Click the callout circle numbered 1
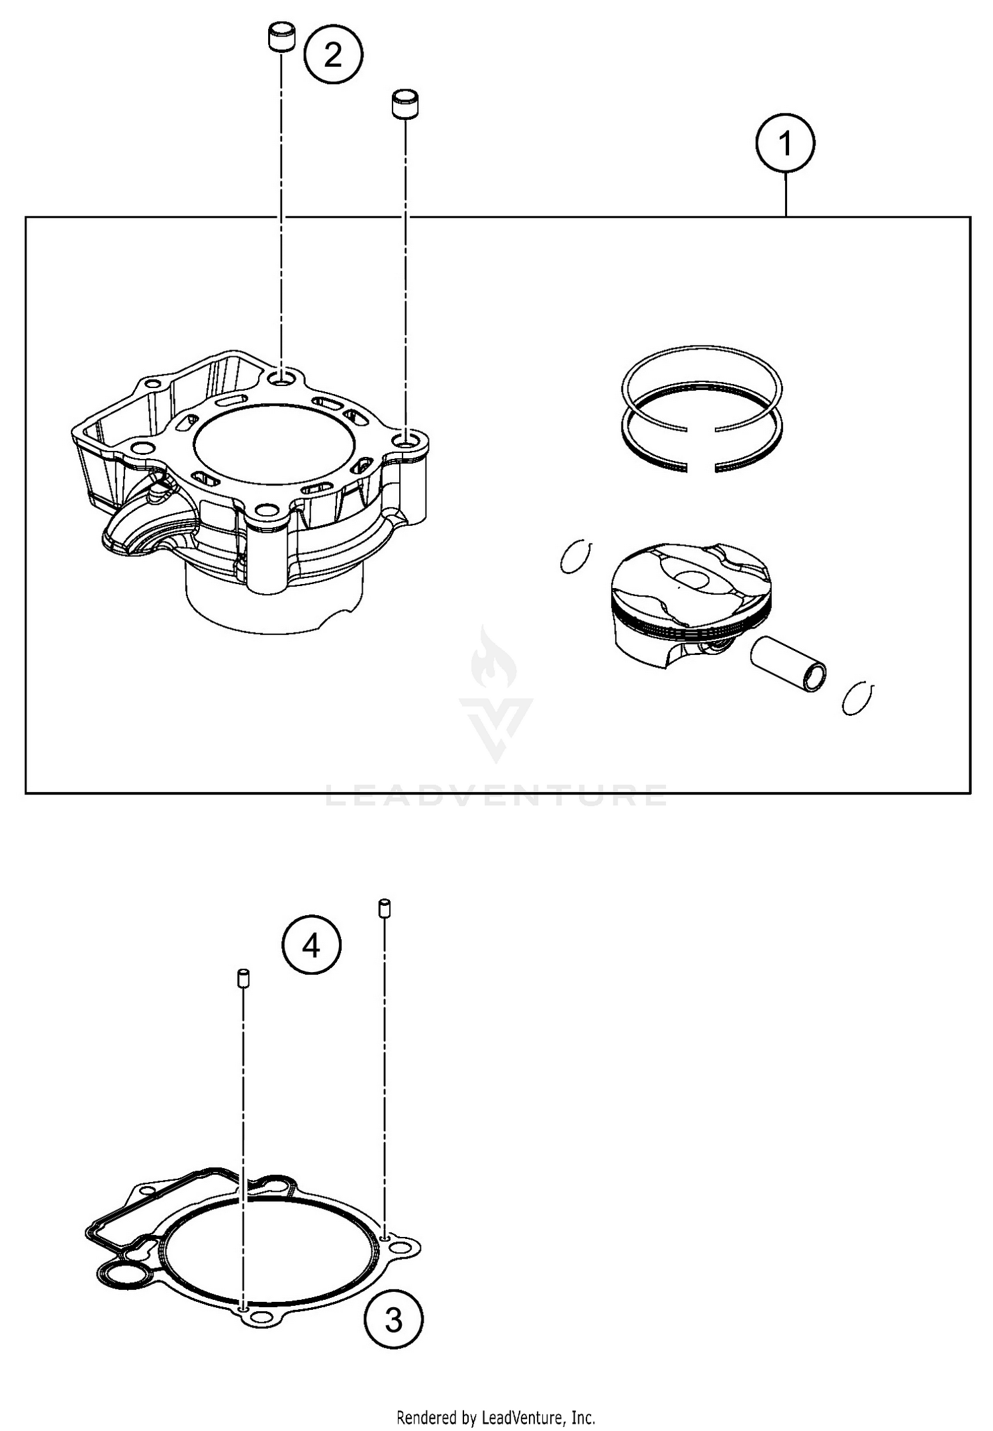pyautogui.click(x=785, y=143)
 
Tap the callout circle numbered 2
pyautogui.click(x=333, y=54)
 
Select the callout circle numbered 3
pyautogui.click(x=393, y=1320)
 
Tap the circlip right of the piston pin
pyautogui.click(x=859, y=698)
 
